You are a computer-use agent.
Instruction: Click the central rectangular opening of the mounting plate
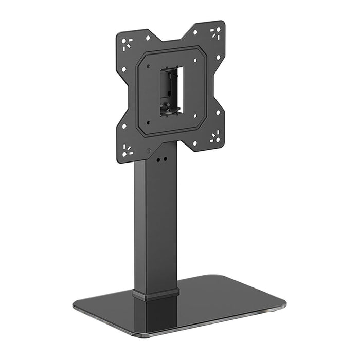tap(171, 91)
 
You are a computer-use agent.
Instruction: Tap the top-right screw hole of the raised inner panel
tap(195, 60)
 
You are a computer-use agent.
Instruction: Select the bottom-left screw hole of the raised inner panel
tap(148, 122)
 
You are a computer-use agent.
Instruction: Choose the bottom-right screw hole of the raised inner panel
tap(196, 114)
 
